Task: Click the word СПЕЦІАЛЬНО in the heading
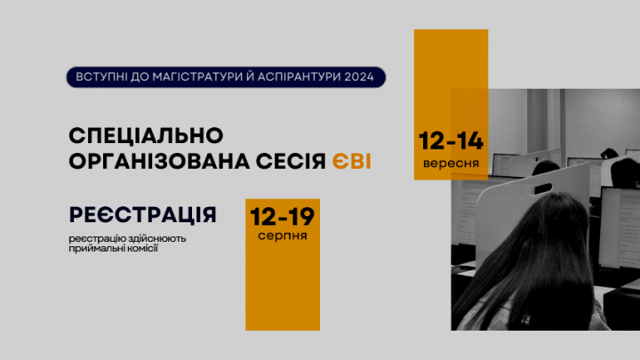click(144, 136)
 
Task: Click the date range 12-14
click(451, 142)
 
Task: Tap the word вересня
click(451, 164)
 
